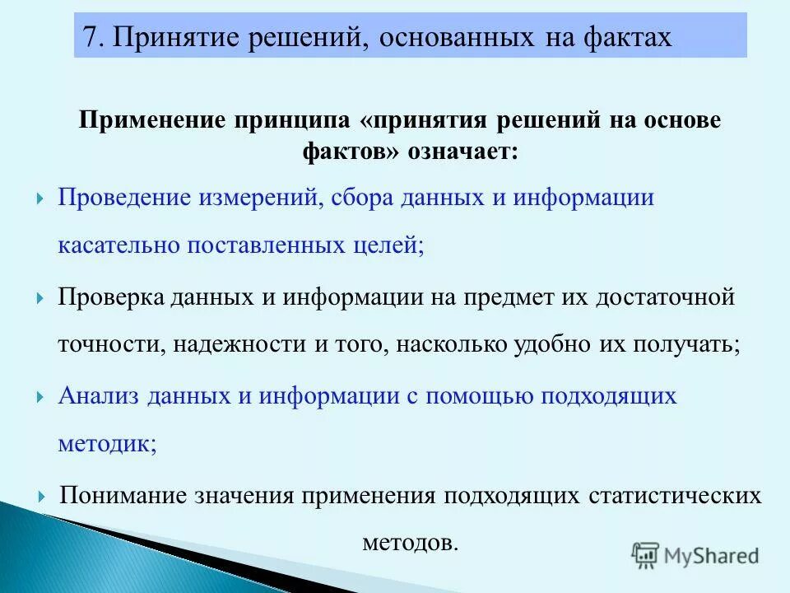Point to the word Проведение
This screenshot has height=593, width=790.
[123, 198]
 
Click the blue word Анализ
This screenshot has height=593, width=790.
[98, 395]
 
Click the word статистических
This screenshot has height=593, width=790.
[675, 496]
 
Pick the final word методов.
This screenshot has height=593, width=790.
[408, 544]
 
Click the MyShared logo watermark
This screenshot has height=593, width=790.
[695, 556]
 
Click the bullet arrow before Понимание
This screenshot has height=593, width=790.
[40, 497]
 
